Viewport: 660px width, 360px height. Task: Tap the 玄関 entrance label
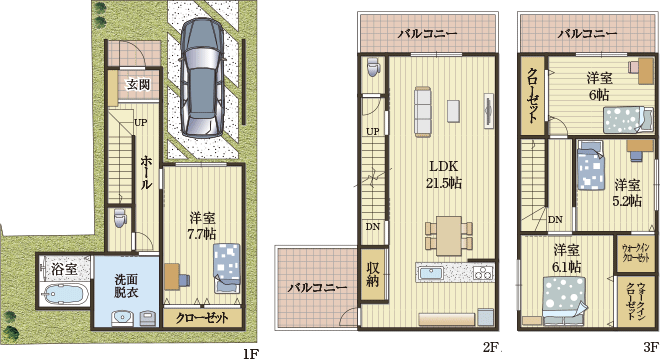click(138, 85)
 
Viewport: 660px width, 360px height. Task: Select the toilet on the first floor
click(120, 218)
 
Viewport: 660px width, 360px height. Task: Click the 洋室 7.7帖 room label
click(203, 225)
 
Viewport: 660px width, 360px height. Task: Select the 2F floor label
click(490, 348)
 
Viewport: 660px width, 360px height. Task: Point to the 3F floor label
click(637, 348)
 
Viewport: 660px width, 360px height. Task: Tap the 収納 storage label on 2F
click(372, 274)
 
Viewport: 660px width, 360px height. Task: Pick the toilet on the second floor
click(373, 68)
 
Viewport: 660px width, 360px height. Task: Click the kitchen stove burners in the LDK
click(484, 273)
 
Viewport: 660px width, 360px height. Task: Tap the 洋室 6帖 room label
click(598, 86)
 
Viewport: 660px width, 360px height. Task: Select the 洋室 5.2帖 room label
click(626, 192)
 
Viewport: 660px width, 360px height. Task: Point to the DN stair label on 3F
click(555, 219)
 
